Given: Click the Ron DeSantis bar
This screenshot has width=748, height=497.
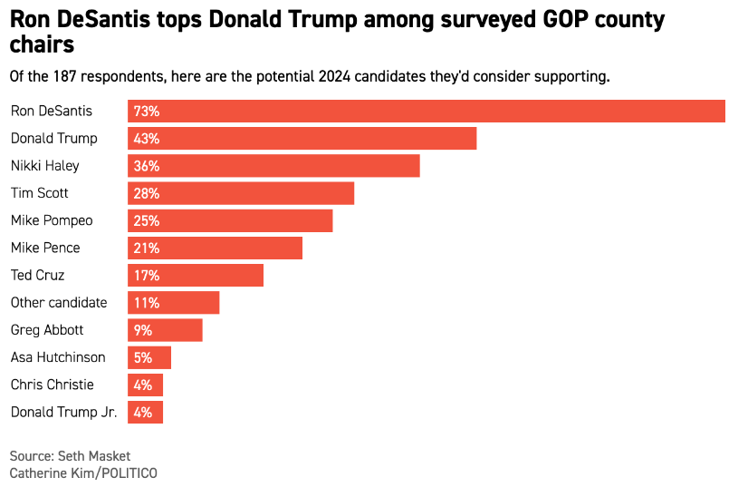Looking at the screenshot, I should tap(426, 112).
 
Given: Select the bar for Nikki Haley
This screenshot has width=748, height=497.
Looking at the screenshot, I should tap(273, 166).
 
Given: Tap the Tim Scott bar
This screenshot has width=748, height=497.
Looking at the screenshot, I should tap(241, 193).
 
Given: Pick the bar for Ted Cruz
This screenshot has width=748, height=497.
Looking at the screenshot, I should tap(196, 275).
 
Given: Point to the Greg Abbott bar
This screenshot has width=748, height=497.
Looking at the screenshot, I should tap(165, 329).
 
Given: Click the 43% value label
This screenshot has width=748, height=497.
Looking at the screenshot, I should tap(147, 139).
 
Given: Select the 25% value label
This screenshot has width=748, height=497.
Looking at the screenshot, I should tap(147, 220).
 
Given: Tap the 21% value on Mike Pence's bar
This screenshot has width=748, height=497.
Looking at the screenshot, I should tap(147, 248).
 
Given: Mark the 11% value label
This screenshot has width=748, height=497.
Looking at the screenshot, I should tap(147, 302).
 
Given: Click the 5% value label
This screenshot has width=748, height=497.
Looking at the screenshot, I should tap(143, 357).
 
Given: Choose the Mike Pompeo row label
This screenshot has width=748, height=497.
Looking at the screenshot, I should tap(52, 220).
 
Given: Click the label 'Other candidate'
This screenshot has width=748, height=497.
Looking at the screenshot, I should tap(59, 302).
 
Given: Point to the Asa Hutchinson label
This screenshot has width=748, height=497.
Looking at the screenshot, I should tap(58, 357).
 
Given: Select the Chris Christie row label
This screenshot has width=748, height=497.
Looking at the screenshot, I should tap(52, 385).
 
